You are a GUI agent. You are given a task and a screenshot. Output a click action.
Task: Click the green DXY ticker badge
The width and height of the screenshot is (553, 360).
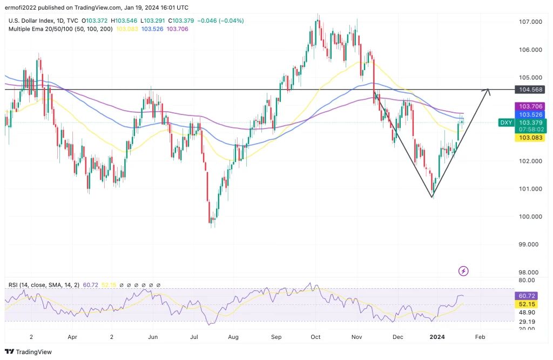coord(506,123)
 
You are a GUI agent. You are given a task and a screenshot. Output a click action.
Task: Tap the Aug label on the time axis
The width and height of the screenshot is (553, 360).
coord(233,336)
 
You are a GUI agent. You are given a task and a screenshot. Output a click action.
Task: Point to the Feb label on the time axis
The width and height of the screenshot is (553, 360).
coord(480,336)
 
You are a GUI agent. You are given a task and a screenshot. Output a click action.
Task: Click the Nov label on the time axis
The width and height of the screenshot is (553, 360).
coord(356,336)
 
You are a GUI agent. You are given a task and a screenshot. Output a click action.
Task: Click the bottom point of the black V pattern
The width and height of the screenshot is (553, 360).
coord(432,197)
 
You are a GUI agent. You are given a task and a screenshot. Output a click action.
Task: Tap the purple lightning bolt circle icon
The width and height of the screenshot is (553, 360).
coord(463,271)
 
